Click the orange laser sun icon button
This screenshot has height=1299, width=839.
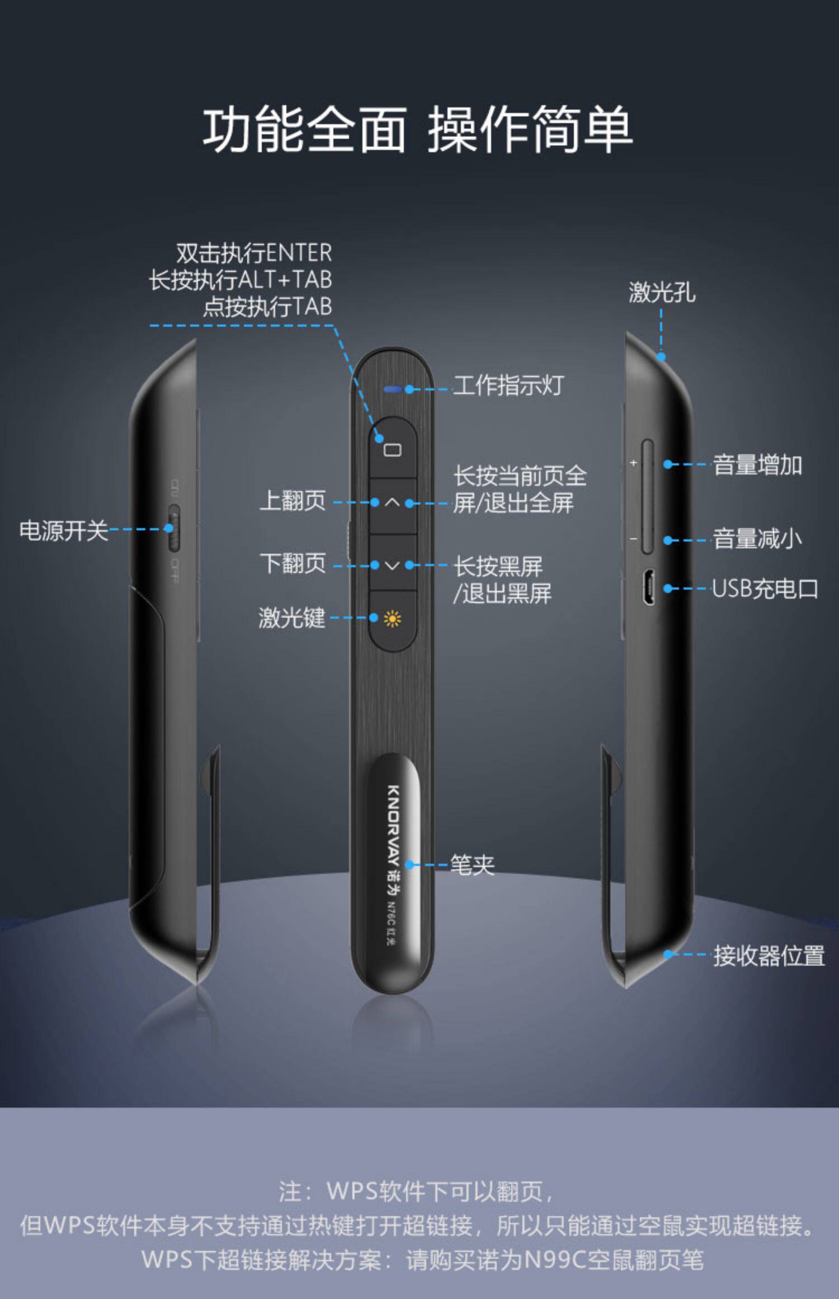click(x=392, y=619)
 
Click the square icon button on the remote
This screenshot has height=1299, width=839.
click(x=392, y=448)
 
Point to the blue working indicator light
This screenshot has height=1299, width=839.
click(x=392, y=389)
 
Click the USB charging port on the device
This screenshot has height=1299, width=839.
click(x=649, y=588)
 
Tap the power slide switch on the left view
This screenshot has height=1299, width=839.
click(x=174, y=529)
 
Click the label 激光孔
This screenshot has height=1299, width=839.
click(x=662, y=292)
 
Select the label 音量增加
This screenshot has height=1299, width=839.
click(x=757, y=465)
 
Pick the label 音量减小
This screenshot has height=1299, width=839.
click(x=757, y=538)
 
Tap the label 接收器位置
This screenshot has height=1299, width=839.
click(x=769, y=956)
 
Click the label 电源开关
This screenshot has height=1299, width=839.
click(x=64, y=530)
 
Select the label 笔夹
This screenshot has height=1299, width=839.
click(x=473, y=865)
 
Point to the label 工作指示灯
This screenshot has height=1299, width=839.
click(x=508, y=385)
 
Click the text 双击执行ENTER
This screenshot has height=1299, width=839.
click(x=254, y=253)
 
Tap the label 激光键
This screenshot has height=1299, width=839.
click(x=292, y=618)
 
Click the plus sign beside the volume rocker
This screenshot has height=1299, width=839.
click(x=633, y=463)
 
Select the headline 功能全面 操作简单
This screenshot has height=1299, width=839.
click(x=418, y=130)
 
